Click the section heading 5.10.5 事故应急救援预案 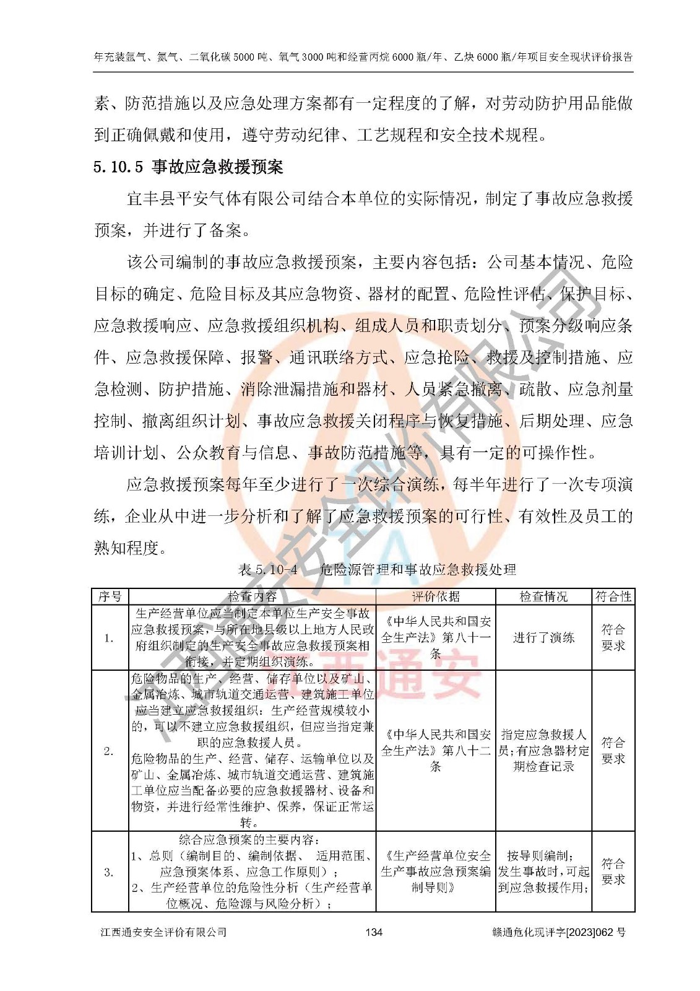click(188, 167)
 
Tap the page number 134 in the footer click(374, 932)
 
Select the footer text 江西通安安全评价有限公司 click(163, 932)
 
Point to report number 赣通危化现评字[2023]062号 click(559, 932)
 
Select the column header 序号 click(110, 596)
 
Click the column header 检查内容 click(252, 596)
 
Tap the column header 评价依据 click(436, 596)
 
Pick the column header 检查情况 click(543, 596)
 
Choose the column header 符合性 click(613, 596)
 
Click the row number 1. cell click(109, 638)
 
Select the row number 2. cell click(109, 751)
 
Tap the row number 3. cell click(109, 872)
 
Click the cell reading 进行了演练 click(543, 638)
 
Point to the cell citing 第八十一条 click(436, 637)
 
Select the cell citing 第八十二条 click(436, 750)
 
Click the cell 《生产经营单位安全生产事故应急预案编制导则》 click(436, 871)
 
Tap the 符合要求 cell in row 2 click(613, 750)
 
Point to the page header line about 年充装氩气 click(363, 57)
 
